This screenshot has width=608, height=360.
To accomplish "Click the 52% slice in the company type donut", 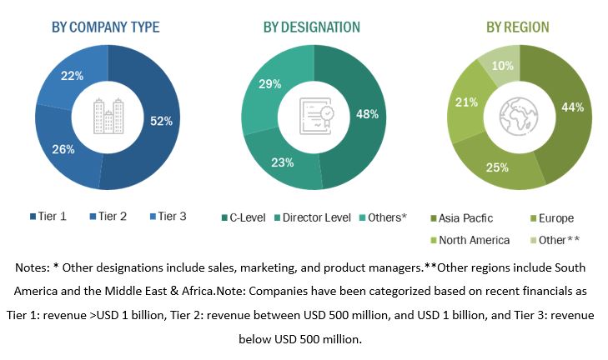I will [161, 122].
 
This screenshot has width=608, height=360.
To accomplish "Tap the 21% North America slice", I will [465, 102].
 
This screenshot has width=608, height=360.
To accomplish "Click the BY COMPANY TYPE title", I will [105, 27].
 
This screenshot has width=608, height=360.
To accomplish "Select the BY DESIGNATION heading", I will [312, 27].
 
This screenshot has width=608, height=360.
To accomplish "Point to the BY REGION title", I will [517, 27].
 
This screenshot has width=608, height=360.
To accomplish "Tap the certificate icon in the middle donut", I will [315, 117].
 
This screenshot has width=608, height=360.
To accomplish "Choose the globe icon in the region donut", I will [519, 117].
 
